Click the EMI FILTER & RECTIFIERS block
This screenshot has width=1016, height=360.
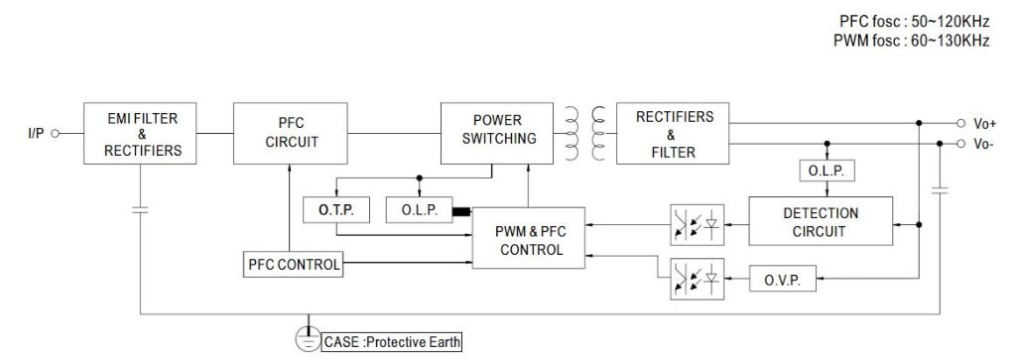coord(143,134)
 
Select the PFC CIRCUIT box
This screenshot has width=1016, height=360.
coord(292,134)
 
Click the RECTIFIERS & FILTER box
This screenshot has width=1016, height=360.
coord(675,134)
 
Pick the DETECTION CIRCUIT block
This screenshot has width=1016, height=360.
coord(821,222)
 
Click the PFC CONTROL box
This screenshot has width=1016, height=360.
coord(294,265)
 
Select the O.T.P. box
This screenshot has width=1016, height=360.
coord(335,211)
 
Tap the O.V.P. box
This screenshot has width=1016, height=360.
coord(783,279)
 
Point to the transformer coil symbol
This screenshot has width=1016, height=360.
coord(585,133)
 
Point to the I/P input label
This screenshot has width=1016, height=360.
coord(36,132)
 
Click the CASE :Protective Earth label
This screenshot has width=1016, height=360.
coord(391,342)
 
